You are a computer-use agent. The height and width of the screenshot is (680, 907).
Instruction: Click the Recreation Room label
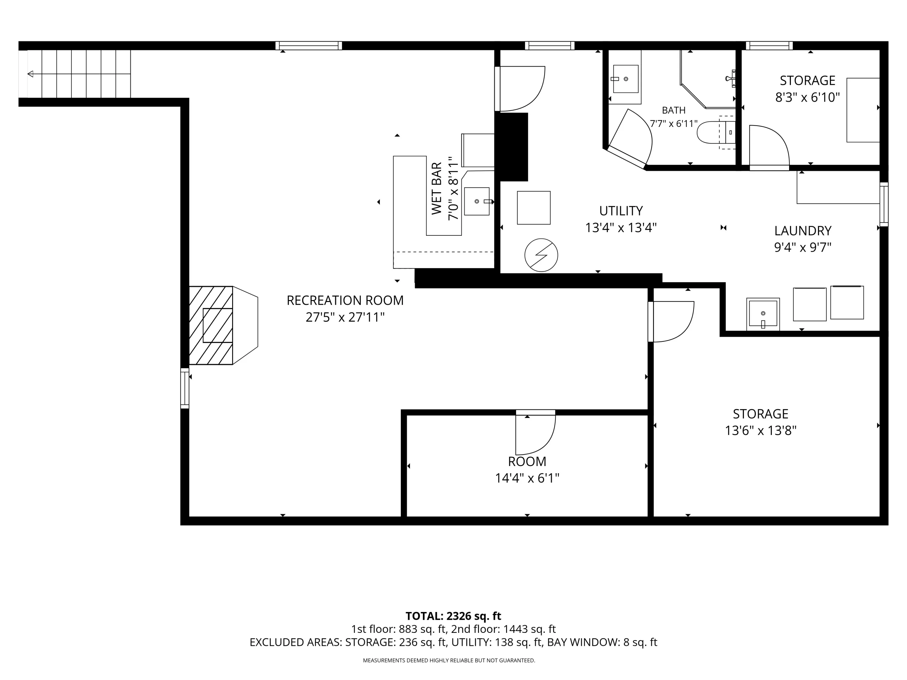coord(345,300)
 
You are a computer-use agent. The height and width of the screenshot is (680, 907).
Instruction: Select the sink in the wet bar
coord(477,201)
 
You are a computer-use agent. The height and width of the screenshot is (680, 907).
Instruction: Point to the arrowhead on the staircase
coord(30,74)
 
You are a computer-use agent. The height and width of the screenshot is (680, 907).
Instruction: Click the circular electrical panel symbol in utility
coord(541,255)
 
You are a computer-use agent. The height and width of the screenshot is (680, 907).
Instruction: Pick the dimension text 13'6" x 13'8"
coord(761,431)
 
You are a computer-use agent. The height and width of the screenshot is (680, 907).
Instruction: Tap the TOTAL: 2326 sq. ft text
coord(453,616)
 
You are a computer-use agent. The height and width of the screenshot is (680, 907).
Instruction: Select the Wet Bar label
coord(437,188)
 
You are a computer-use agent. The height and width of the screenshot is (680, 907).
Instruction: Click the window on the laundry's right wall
coord(884,204)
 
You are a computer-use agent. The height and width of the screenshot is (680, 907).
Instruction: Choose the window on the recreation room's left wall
coord(185,388)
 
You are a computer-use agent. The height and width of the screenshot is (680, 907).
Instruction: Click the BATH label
coord(674,110)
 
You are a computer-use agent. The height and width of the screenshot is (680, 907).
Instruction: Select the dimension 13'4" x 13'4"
coord(621,228)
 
